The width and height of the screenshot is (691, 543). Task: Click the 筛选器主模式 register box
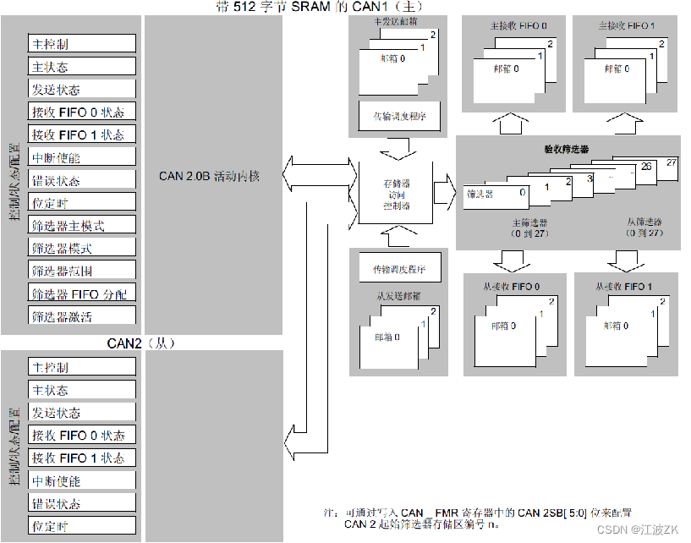[82, 225]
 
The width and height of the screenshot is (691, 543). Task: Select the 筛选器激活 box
[82, 316]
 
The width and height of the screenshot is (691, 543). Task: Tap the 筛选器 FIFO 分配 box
[82, 293]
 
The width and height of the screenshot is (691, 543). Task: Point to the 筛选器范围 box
[82, 271]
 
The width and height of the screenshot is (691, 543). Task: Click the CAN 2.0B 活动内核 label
[209, 177]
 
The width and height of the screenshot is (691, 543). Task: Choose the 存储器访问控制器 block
[396, 194]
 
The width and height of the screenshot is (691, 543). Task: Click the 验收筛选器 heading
[566, 148]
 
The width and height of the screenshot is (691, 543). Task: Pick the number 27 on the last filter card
[672, 162]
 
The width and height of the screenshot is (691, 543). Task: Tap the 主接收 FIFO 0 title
[513, 26]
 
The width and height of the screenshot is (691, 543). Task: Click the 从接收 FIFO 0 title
[514, 287]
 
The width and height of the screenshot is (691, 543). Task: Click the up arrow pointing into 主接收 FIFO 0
[513, 123]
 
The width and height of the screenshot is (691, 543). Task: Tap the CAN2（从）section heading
[140, 343]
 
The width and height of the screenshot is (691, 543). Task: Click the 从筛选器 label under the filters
[644, 222]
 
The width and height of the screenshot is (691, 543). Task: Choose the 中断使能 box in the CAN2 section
[82, 480]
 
